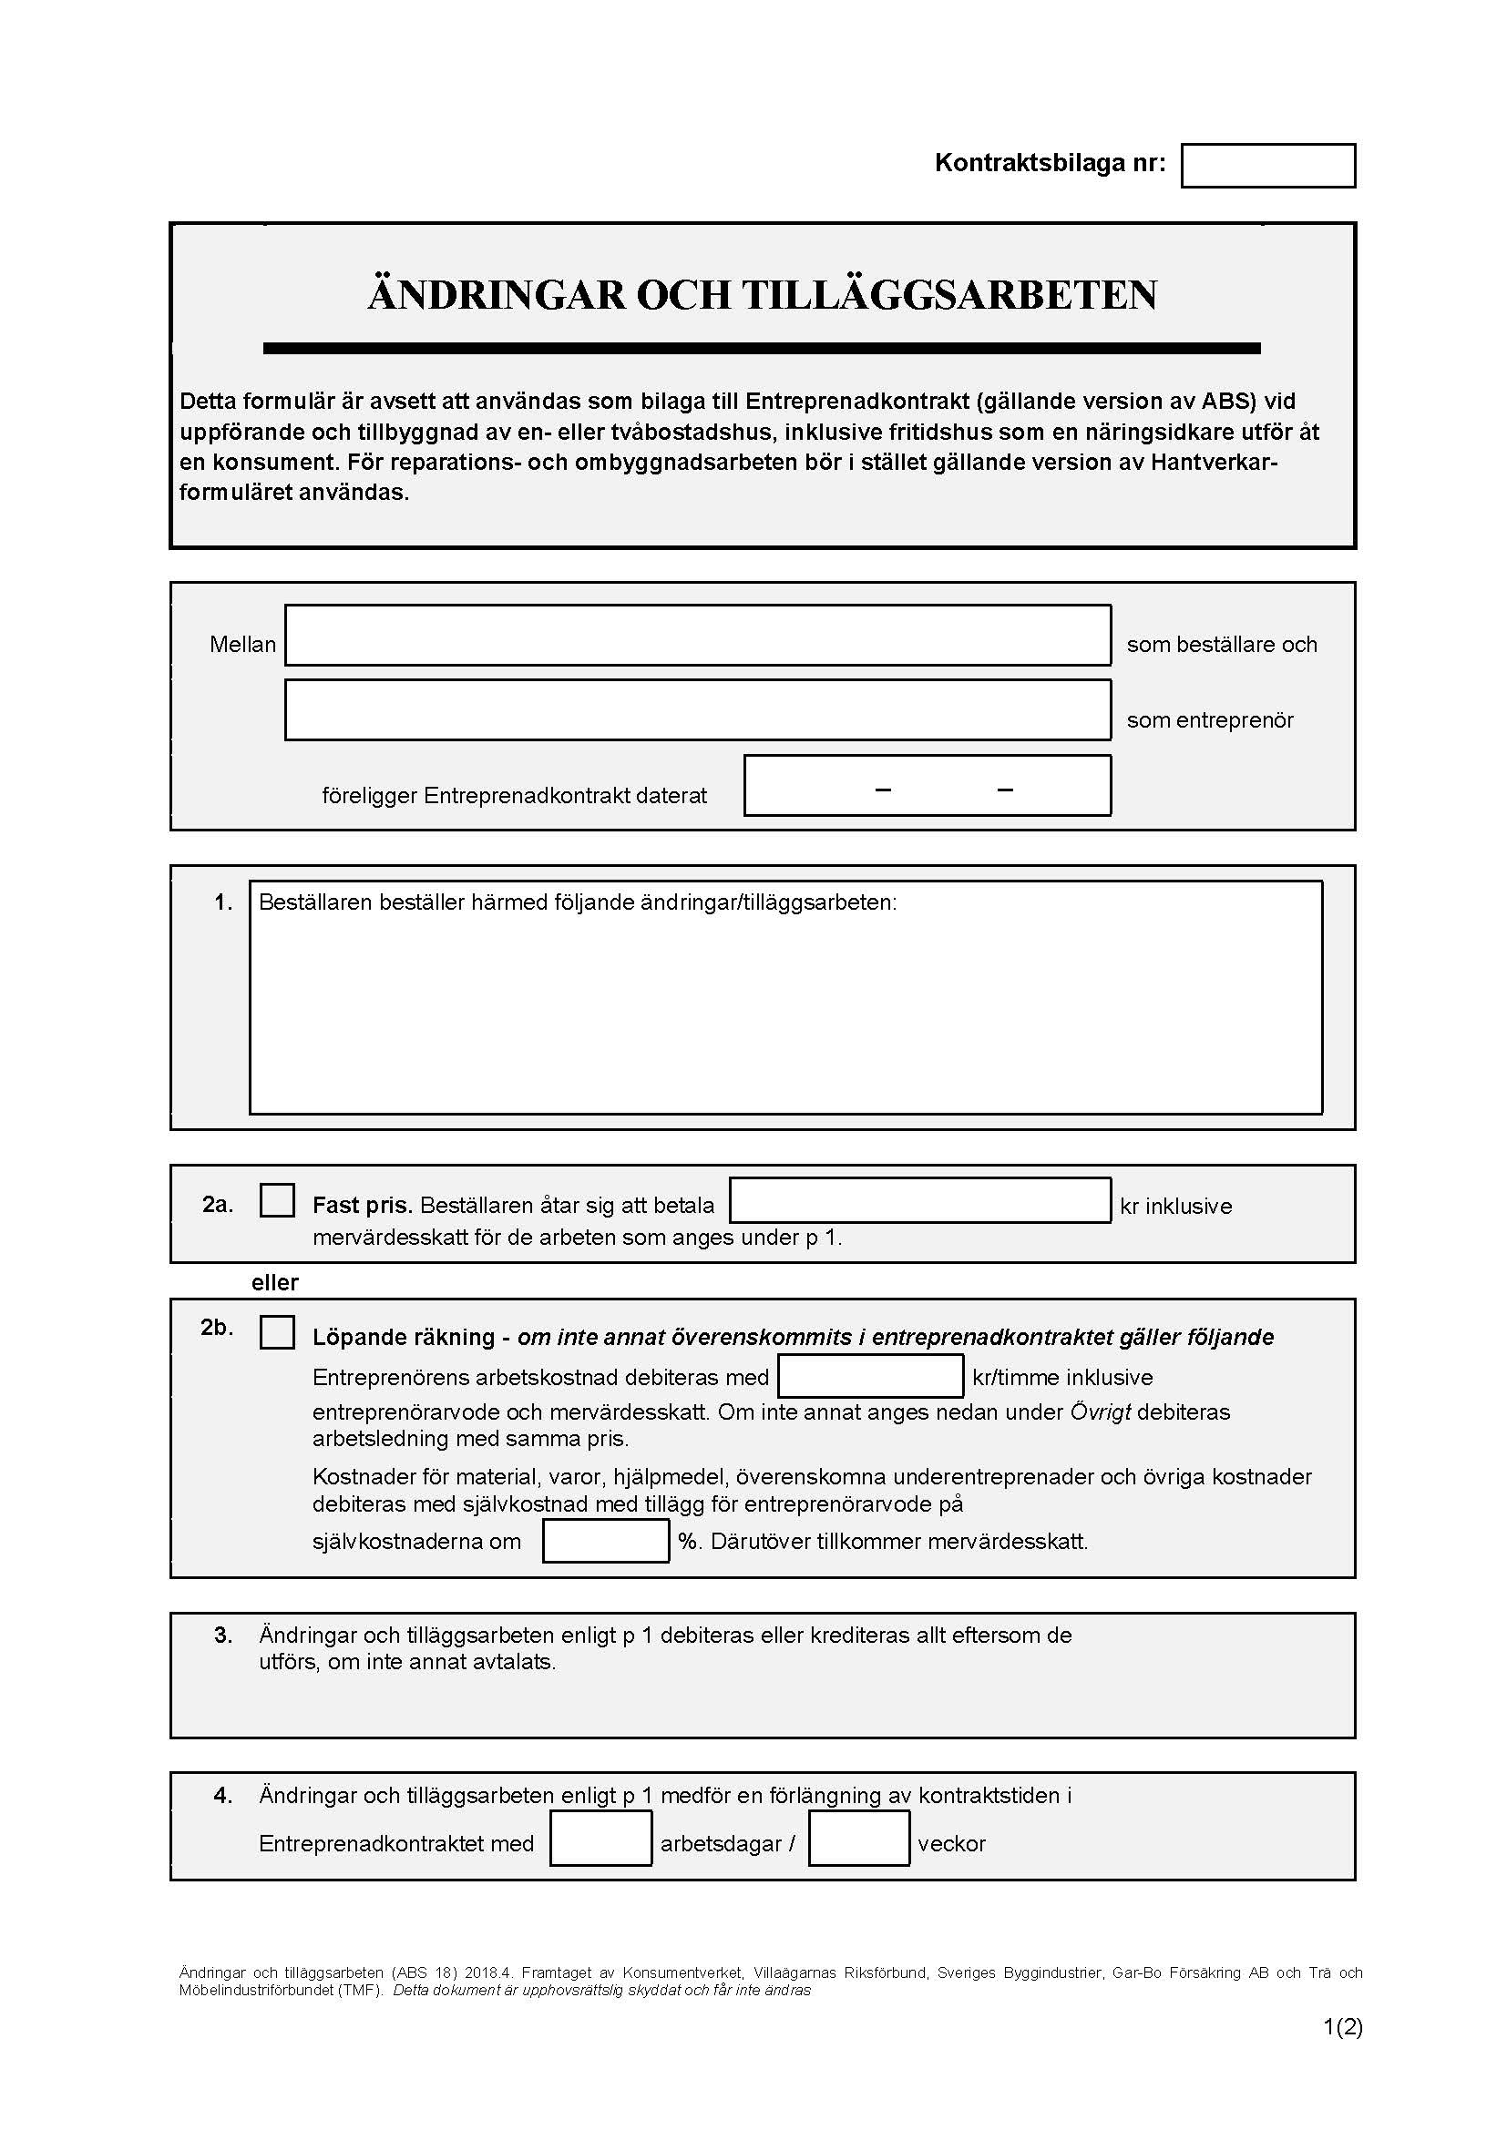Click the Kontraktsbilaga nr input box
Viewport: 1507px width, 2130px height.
coord(1267,166)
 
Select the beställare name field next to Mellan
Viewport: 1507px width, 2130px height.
coord(697,636)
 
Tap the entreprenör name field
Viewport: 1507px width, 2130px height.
coord(697,710)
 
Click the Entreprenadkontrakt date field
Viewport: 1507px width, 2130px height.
coord(927,786)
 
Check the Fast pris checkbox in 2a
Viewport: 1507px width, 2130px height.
coord(277,1200)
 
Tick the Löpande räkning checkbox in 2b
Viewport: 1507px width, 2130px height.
coord(277,1332)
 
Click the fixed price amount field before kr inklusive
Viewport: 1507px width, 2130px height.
coord(919,1200)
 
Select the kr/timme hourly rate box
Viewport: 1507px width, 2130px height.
coord(870,1377)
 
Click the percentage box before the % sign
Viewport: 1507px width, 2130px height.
coord(605,1541)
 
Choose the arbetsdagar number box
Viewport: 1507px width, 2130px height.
coord(600,1839)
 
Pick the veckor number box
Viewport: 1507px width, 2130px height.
coord(858,1839)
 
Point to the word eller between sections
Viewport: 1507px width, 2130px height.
coord(274,1283)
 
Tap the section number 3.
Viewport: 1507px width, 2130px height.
coord(222,1636)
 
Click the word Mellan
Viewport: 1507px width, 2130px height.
coord(242,645)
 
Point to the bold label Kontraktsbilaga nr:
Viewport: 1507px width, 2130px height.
coord(1050,163)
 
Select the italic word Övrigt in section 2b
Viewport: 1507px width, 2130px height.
coord(1100,1413)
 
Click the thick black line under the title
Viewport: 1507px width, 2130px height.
coord(761,349)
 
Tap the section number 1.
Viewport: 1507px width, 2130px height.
coord(222,902)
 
